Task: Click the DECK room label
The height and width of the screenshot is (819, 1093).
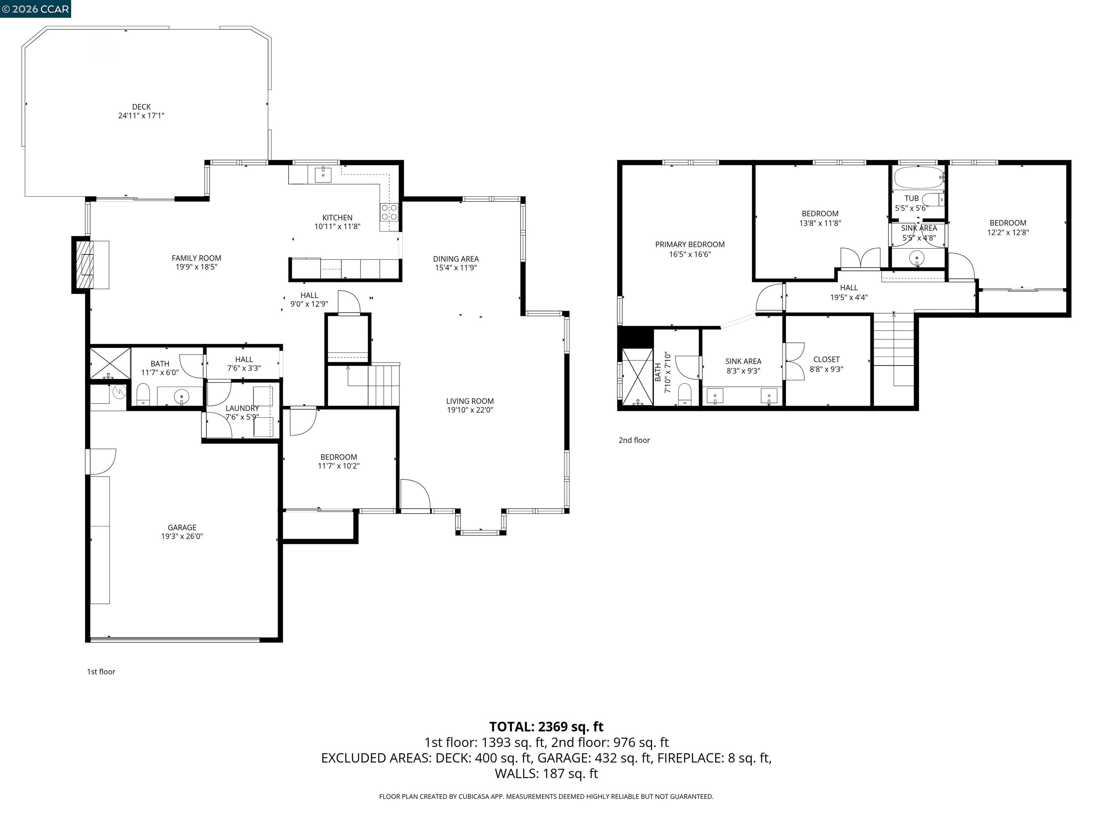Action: (141, 107)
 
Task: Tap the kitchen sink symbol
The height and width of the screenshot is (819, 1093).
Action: (323, 174)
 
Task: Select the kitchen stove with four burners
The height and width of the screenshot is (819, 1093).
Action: (389, 212)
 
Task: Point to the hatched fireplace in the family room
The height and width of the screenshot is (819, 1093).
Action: (84, 264)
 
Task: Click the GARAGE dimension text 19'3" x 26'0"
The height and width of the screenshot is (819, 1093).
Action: (182, 536)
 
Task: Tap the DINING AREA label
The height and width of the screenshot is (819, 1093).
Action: (455, 259)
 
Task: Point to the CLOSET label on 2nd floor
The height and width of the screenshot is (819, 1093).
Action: (826, 359)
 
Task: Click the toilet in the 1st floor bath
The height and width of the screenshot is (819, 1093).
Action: (143, 394)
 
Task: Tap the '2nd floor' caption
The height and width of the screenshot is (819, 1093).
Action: (634, 440)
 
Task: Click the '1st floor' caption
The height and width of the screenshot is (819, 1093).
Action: (101, 671)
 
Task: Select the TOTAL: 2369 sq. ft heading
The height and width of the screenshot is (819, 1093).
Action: (546, 727)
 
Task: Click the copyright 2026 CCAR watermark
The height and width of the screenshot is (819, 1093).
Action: (36, 9)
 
